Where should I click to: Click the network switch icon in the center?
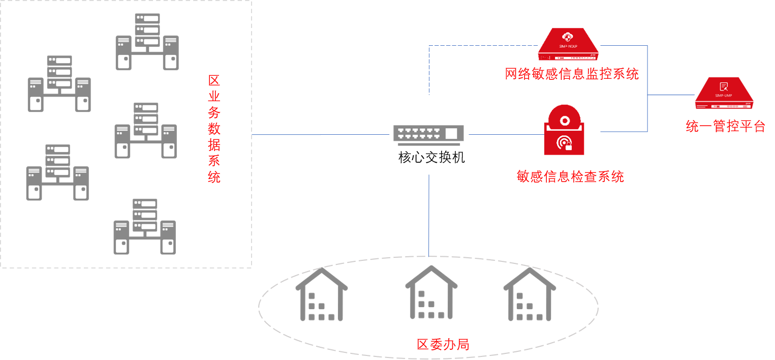click(428, 135)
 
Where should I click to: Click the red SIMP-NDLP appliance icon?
click(568, 45)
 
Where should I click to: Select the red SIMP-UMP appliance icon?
click(724, 94)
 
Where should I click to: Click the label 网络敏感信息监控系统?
click(572, 74)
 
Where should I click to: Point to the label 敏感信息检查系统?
click(570, 176)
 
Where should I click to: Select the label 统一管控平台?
click(725, 126)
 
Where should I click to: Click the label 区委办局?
click(443, 344)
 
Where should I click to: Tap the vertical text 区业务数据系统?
click(214, 129)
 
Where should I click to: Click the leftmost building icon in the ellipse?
click(322, 295)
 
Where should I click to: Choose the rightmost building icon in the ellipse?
click(530, 295)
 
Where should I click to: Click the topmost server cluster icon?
click(147, 42)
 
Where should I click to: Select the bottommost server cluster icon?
click(145, 226)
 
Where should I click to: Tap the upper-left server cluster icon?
click(59, 84)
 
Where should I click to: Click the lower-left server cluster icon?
click(57, 172)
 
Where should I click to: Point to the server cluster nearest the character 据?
click(146, 131)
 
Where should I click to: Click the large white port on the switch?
click(451, 134)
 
